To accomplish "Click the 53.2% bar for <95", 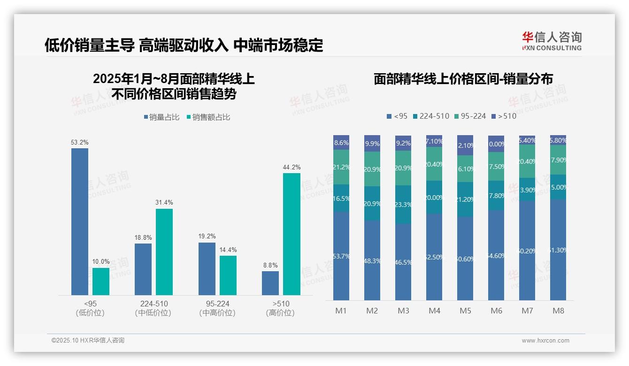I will tap(79, 221).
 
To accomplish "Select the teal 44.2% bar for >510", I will tap(291, 234).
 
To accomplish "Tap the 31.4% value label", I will tap(164, 202).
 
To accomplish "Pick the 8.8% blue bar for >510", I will tap(270, 283).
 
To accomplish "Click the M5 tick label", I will tap(465, 311).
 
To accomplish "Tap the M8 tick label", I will tap(558, 311).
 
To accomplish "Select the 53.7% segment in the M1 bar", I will tap(341, 256).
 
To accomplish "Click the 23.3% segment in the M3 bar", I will tap(403, 205).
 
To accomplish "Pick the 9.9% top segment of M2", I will tap(372, 144).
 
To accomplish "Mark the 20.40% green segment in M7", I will tap(527, 161).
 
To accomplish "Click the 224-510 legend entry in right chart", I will tap(430, 116).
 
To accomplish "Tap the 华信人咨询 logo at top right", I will tap(552, 41).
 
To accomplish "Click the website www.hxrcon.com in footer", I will tap(545, 341).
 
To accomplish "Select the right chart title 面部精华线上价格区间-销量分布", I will tap(463, 79).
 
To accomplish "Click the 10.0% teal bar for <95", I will tap(100, 282).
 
